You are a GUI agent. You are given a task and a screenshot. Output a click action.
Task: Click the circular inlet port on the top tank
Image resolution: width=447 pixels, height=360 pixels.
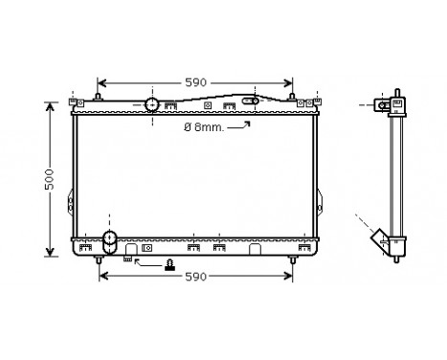pos(151,104)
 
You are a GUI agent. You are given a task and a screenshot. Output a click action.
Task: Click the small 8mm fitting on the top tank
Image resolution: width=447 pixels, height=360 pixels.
pos(252,100)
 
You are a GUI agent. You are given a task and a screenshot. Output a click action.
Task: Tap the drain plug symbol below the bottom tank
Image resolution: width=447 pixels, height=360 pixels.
pos(170,265)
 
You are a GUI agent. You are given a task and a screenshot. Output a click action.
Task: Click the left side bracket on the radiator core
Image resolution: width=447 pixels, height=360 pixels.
pos(68,202)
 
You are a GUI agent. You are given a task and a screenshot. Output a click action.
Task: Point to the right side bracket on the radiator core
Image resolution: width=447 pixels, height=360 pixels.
pos(323,202)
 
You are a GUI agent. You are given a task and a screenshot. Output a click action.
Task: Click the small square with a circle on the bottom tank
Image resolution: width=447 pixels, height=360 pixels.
pos(146,248)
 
